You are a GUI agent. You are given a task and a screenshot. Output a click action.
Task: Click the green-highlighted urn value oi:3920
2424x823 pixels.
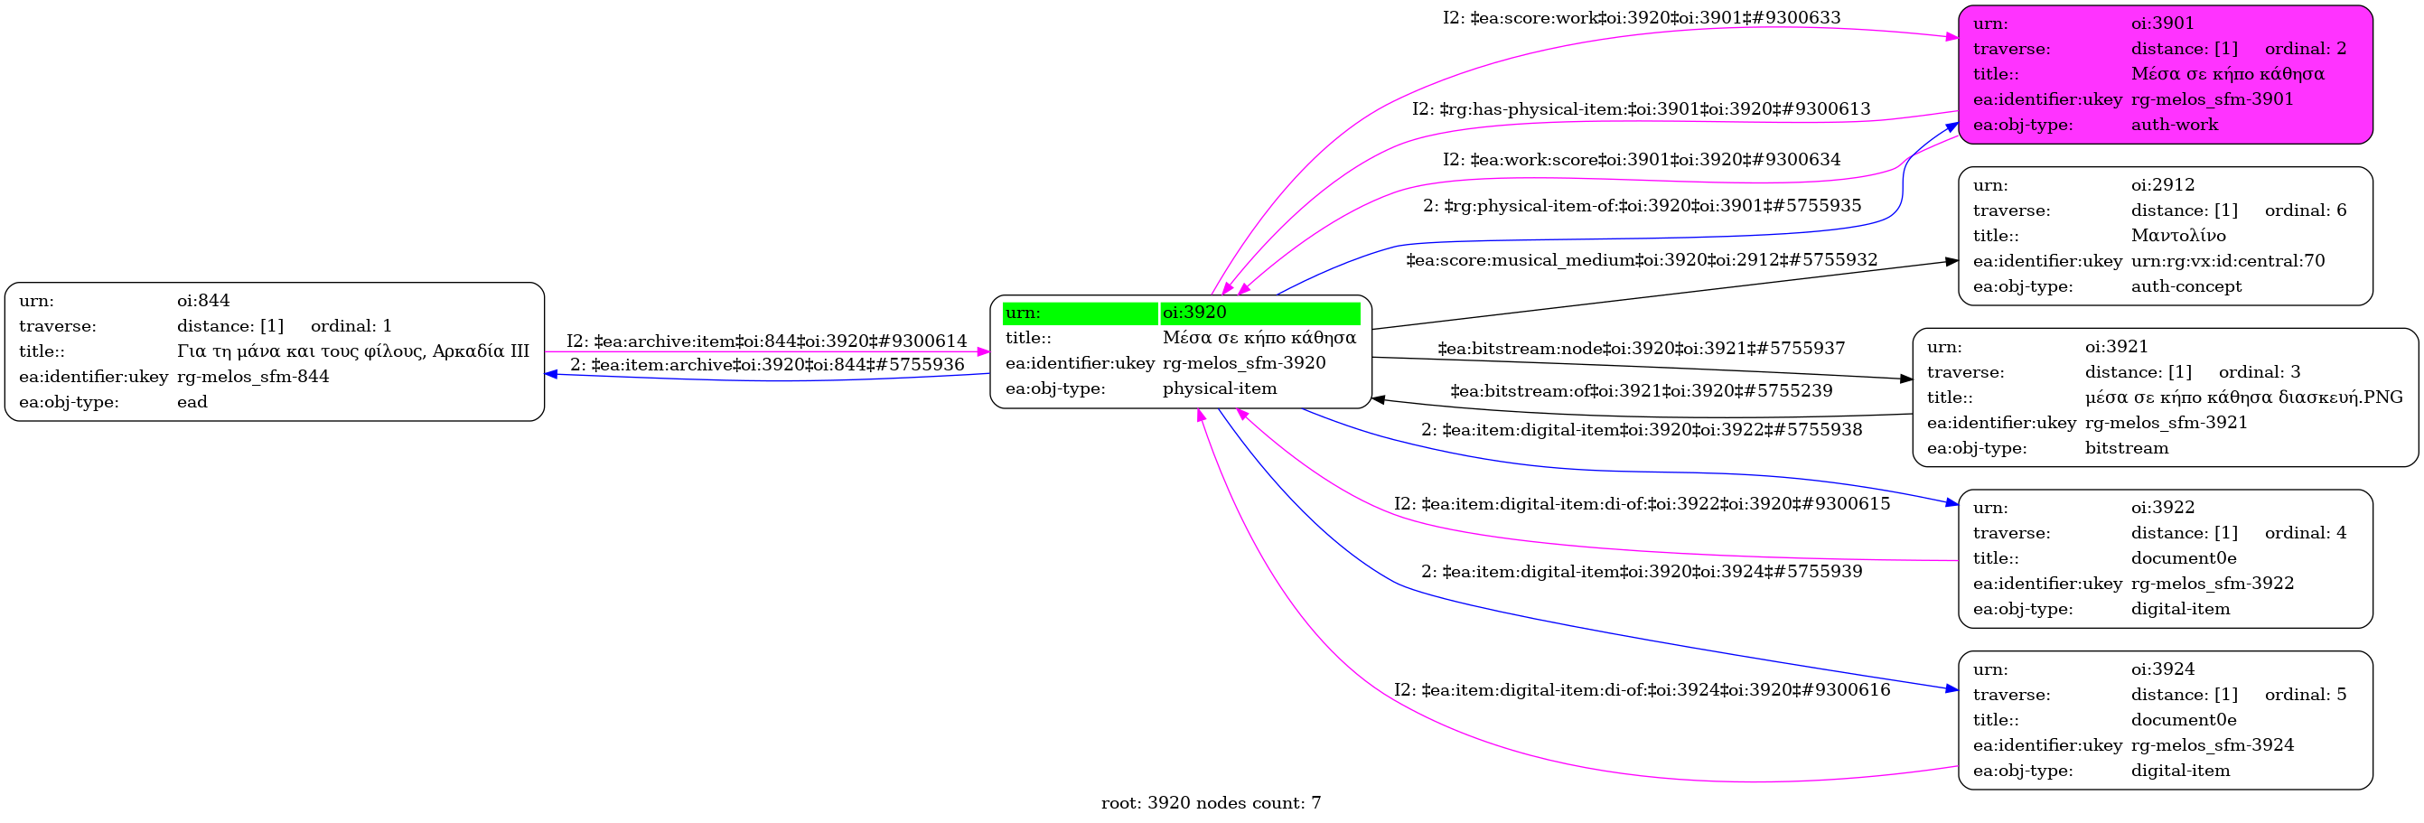coord(1194,313)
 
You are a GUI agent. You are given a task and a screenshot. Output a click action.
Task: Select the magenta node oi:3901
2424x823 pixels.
coord(2165,74)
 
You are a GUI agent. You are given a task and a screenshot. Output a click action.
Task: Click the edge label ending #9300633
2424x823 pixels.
coord(1641,18)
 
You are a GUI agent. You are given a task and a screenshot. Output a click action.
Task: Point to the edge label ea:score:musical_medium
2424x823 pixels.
coord(1641,259)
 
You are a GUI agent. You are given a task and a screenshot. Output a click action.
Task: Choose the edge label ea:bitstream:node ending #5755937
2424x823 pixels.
coord(1641,349)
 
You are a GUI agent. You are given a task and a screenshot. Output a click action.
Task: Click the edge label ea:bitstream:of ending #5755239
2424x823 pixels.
coord(1641,390)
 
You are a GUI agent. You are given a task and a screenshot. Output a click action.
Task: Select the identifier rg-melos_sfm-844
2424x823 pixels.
coord(252,376)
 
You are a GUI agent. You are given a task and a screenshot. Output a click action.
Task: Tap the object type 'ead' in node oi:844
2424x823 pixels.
coord(192,402)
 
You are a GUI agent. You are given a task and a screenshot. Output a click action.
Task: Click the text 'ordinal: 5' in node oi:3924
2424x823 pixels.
coord(2305,694)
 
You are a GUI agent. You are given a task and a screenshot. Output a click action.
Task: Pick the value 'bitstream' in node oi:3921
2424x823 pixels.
coord(2126,448)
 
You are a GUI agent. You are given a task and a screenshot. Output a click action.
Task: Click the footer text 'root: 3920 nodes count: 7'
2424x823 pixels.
coord(1210,802)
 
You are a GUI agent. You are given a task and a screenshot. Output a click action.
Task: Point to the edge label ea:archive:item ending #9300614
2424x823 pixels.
coord(766,341)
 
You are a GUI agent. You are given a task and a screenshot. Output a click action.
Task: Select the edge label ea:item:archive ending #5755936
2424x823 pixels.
coord(766,364)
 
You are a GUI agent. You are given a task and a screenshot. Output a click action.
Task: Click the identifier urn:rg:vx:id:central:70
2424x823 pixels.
coord(2227,260)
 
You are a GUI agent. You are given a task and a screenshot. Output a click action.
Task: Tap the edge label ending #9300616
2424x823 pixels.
coord(1641,689)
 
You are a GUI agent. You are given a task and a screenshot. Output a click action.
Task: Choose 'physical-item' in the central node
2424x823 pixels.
coord(1220,388)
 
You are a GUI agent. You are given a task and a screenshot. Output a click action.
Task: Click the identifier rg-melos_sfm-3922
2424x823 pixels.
coord(2212,584)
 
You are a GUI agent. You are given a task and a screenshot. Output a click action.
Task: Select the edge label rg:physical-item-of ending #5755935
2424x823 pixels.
coord(1641,205)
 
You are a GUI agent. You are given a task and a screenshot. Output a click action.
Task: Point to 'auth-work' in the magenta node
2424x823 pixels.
coord(2174,124)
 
